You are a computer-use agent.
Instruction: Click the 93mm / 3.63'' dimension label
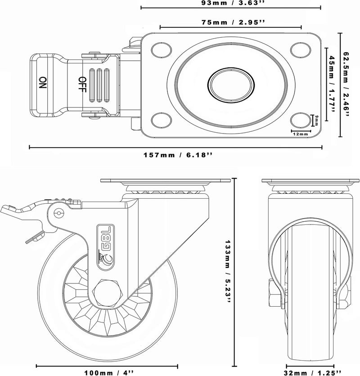(231, 3)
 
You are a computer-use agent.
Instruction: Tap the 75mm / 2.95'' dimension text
(233, 22)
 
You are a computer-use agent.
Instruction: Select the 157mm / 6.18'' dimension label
(178, 155)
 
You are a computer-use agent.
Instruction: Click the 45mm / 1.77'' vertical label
(332, 85)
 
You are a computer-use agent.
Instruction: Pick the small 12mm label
(300, 134)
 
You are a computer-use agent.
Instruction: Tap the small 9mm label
(316, 120)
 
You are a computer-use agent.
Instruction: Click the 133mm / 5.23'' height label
(228, 272)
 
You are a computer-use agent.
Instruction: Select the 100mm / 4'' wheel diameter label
(109, 373)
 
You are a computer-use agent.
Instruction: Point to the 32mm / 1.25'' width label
(312, 373)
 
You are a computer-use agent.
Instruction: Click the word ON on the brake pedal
(43, 82)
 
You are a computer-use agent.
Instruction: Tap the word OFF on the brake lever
(82, 85)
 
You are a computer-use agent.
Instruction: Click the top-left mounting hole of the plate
(162, 50)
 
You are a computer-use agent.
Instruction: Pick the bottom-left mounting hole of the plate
(162, 120)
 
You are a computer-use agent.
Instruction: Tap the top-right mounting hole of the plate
(301, 50)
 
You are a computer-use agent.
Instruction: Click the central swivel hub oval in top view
(231, 85)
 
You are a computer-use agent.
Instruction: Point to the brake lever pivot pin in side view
(58, 213)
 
